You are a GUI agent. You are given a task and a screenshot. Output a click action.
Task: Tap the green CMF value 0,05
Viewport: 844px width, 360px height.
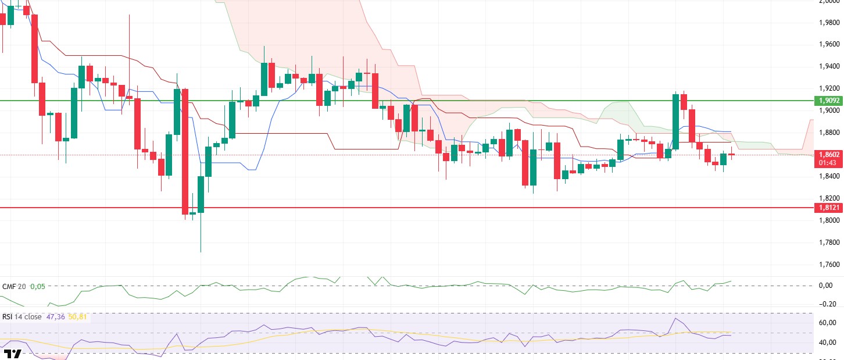pyautogui.click(x=38, y=286)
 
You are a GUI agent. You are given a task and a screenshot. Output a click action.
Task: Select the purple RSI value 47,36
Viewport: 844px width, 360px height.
pyautogui.click(x=56, y=316)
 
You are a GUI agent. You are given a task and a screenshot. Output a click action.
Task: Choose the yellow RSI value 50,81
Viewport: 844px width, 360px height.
pyautogui.click(x=78, y=316)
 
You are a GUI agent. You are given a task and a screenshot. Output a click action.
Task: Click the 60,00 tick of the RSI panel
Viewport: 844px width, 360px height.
pyautogui.click(x=828, y=323)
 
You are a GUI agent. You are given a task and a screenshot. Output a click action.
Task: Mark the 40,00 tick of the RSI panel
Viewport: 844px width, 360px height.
pyautogui.click(x=828, y=343)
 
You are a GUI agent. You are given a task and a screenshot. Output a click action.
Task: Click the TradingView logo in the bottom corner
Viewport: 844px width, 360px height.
pyautogui.click(x=13, y=354)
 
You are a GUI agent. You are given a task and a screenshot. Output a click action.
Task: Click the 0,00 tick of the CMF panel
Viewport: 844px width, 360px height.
pyautogui.click(x=829, y=286)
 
